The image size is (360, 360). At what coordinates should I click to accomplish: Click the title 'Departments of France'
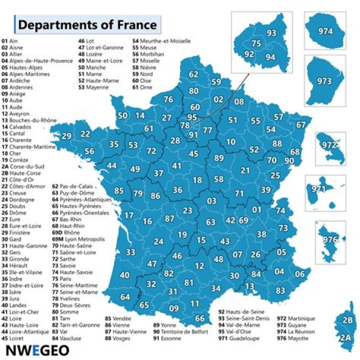tap(87, 24)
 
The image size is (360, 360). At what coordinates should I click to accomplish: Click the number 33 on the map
tap(130, 252)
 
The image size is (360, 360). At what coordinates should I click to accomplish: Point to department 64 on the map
tap(125, 297)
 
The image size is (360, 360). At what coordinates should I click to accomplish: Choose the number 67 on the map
tap(301, 124)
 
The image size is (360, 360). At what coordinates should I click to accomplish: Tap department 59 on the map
tap(216, 82)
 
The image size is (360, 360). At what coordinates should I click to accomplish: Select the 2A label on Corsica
tap(345, 338)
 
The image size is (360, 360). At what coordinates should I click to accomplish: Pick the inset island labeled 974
tap(325, 31)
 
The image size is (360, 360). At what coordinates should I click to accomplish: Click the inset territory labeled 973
tap(324, 80)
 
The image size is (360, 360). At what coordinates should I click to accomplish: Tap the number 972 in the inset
tap(329, 145)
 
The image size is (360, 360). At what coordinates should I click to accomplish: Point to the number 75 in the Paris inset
tap(256, 43)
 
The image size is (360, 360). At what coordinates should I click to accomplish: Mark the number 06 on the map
tap(299, 274)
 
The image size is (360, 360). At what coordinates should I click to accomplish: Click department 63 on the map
tap(210, 222)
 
